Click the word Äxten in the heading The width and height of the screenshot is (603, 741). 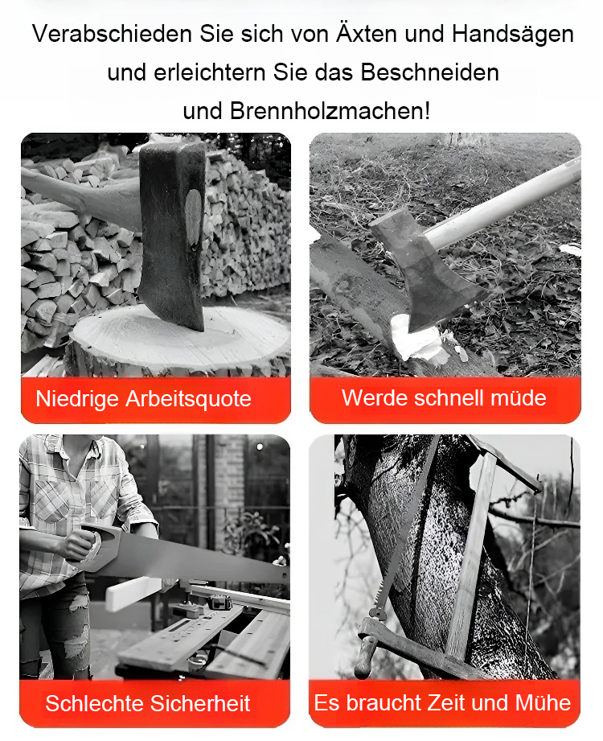coord(367,34)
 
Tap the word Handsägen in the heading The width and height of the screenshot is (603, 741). coord(512,35)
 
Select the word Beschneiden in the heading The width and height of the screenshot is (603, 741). coord(429,72)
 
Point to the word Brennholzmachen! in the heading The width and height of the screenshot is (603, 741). coord(330,111)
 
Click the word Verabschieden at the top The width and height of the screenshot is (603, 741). coord(112,34)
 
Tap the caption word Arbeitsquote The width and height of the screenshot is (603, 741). coord(188,399)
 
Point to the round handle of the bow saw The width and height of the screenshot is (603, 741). coord(365,655)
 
